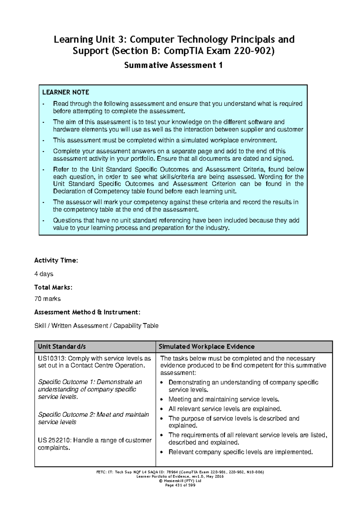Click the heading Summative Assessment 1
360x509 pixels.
(x=173, y=65)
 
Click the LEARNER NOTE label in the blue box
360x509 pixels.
(x=66, y=92)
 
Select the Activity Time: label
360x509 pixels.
(x=56, y=260)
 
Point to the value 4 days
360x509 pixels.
(x=44, y=274)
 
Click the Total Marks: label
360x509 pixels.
(x=53, y=287)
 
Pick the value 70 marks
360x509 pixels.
(x=47, y=299)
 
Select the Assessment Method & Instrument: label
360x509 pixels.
(x=87, y=312)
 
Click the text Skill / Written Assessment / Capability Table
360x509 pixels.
(x=96, y=326)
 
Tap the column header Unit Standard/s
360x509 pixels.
(x=62, y=347)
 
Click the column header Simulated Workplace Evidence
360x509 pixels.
(x=206, y=347)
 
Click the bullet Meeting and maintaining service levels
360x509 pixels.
(x=223, y=399)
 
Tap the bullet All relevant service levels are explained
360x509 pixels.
(x=225, y=409)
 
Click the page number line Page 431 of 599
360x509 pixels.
(x=180, y=485)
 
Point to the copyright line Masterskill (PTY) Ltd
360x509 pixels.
(x=180, y=481)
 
